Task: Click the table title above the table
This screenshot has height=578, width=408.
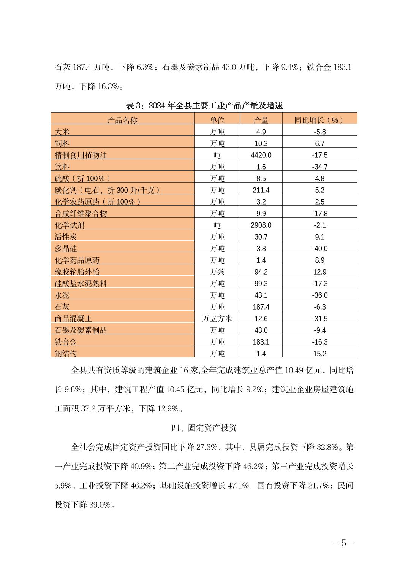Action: coord(204,105)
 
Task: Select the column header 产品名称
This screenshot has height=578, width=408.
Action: coord(122,120)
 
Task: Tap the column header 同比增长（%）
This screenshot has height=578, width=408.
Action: coord(319,120)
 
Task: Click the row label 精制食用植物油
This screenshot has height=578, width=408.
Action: coord(81,155)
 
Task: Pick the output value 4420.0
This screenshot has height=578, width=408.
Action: coord(261,155)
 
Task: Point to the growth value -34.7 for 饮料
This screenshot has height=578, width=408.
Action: coord(319,167)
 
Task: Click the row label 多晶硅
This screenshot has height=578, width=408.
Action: coord(66,249)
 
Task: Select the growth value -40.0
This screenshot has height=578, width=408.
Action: coord(319,249)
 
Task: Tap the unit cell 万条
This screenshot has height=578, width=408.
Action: coord(217,272)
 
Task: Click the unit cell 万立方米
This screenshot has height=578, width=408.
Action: coord(217,319)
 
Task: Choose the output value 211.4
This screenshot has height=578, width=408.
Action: coord(261,190)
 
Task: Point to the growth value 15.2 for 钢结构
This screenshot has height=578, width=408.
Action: coord(319,354)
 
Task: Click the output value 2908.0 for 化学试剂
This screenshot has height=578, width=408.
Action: coord(261,225)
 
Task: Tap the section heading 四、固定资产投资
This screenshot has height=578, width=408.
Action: coord(204,428)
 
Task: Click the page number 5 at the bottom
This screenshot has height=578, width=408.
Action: coord(344,543)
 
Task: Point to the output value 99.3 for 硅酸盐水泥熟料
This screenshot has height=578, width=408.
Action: coord(261,284)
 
